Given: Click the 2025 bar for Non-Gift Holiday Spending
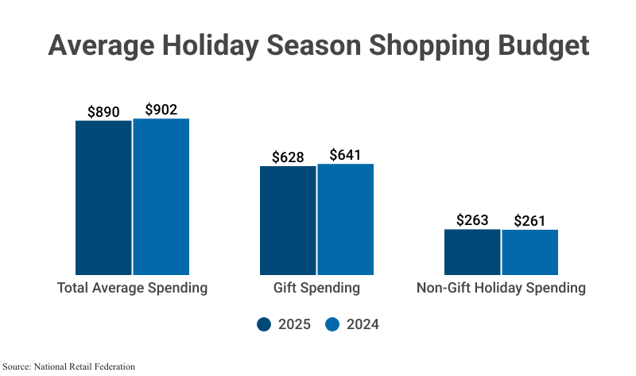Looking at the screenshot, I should click(472, 252).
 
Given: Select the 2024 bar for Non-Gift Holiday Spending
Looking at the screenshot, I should click(530, 252).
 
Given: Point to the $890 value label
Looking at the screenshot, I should click(103, 112).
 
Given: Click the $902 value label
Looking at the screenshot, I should click(161, 110).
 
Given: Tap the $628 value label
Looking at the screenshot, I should click(288, 157).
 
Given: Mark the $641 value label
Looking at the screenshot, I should click(346, 155).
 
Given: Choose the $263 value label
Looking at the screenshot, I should click(472, 220).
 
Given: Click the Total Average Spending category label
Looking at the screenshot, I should click(132, 288).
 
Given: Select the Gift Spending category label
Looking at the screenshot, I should click(316, 288).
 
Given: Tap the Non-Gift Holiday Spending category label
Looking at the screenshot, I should click(501, 288).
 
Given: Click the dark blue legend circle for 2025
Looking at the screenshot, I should click(264, 324).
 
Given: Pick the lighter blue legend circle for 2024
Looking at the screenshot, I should click(333, 324).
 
